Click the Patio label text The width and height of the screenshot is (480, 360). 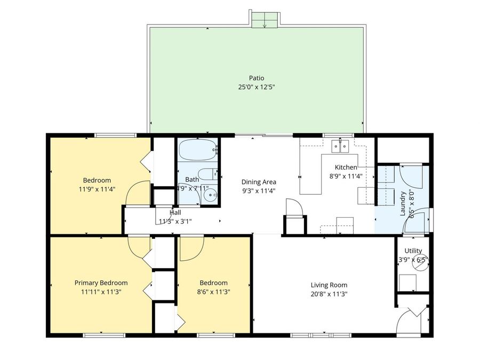click(x=256, y=78)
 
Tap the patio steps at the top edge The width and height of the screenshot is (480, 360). click(x=265, y=20)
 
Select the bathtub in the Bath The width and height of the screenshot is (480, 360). click(x=197, y=150)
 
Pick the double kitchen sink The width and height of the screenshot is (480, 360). click(x=340, y=145)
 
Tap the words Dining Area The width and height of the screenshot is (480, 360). click(x=259, y=182)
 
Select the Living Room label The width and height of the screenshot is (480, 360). click(x=329, y=284)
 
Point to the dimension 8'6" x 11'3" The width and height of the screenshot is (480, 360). click(x=213, y=292)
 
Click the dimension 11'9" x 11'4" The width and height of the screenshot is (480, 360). click(x=97, y=189)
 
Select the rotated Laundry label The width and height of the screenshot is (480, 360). click(x=403, y=203)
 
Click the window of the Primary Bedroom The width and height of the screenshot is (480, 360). click(x=104, y=335)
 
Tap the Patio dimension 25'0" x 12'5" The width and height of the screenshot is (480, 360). click(x=256, y=87)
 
